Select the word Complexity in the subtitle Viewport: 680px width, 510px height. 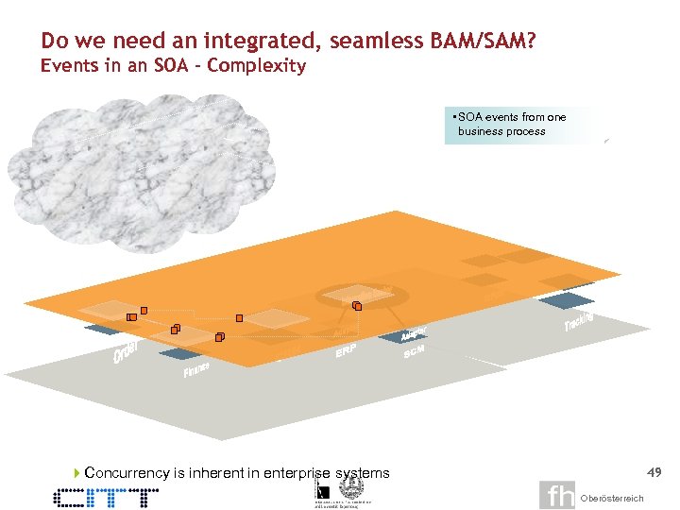[256, 66]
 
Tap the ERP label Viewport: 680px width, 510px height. [347, 352]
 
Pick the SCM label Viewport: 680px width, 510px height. [414, 351]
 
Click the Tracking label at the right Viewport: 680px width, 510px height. [579, 321]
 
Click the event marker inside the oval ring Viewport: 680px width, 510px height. [357, 306]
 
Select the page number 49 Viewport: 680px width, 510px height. [654, 470]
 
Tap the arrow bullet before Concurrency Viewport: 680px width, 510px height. [76, 472]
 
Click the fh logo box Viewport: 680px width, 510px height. [557, 496]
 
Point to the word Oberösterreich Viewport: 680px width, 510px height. [612, 499]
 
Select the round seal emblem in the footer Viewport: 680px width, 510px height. [350, 487]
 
